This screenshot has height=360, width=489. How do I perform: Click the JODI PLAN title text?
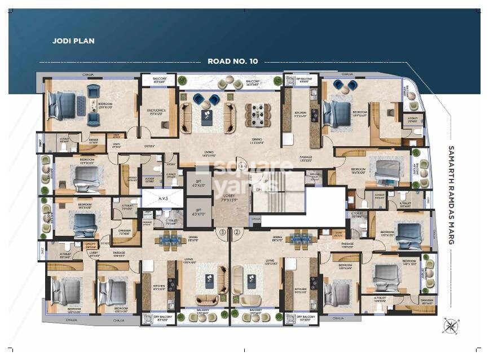pos(73,41)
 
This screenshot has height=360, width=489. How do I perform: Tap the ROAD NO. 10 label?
pos(232,61)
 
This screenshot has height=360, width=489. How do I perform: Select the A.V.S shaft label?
pos(162,198)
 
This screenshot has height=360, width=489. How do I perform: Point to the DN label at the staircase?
pos(259,190)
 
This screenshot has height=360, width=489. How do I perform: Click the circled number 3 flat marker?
pos(223,231)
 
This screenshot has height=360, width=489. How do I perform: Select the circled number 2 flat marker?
pos(237,231)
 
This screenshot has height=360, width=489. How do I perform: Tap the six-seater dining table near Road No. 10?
pos(258,115)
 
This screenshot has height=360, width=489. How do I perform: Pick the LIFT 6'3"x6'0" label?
pos(198,183)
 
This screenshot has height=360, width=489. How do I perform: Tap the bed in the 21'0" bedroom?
pos(63,104)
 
